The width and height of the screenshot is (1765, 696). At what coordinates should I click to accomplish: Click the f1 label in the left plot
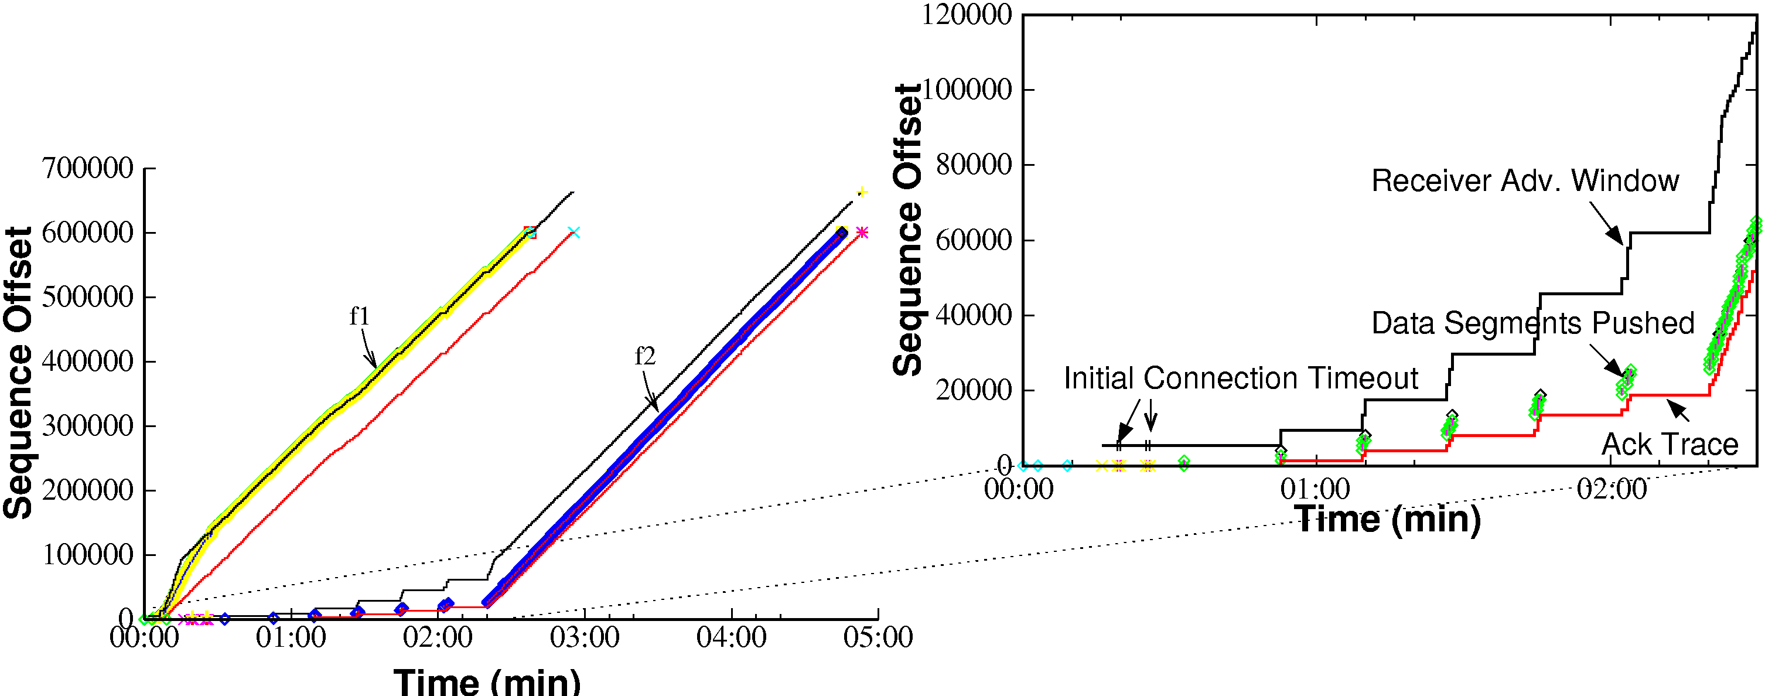point(360,316)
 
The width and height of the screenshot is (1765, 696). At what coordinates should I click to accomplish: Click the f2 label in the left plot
point(645,356)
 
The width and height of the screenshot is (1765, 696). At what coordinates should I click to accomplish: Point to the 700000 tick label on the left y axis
point(88,168)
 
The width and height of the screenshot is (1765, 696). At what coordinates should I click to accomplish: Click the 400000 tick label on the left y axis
point(88,361)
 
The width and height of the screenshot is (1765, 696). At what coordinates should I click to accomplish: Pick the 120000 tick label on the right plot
point(966,15)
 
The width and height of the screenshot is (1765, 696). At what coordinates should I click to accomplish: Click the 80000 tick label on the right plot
point(973,165)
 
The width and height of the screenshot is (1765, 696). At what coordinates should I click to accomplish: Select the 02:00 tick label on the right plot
point(1612,490)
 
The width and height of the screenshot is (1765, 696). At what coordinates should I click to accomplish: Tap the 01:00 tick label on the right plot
point(1315,490)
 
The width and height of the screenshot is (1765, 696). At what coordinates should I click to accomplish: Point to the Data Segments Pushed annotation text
point(1532,323)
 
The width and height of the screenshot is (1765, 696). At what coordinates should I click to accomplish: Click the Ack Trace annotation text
point(1670,445)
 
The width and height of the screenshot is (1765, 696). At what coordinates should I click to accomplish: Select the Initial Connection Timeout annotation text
point(1240,378)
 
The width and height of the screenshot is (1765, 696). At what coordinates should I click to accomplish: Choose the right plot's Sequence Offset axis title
point(908,230)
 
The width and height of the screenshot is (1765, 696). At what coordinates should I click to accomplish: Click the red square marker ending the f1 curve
point(530,232)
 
